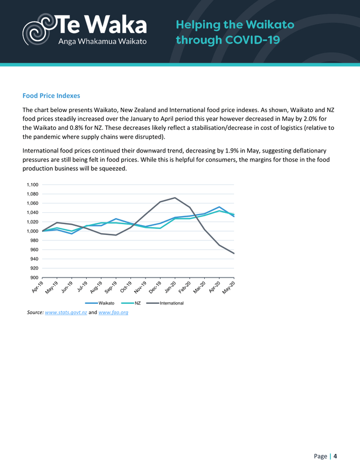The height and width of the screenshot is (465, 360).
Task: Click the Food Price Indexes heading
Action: (x=51, y=95)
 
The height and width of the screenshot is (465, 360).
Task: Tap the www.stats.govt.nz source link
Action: (x=66, y=313)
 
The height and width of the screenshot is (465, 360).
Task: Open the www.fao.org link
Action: (x=113, y=313)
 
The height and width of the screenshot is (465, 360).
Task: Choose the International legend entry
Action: (x=171, y=303)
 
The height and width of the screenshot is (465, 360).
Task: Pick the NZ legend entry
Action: (x=137, y=303)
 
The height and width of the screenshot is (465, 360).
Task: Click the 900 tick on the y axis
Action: (x=33, y=277)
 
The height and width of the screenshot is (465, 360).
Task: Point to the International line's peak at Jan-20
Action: (x=175, y=198)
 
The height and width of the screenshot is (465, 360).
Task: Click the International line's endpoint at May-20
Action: (x=234, y=253)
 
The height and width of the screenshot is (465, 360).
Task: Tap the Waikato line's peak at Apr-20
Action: (x=219, y=207)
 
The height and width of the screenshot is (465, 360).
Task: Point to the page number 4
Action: (x=335, y=456)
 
